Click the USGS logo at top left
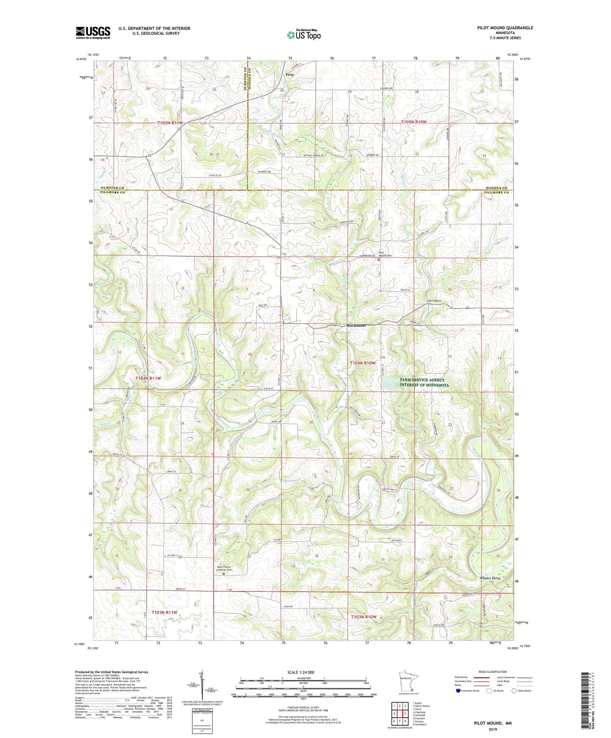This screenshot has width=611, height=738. [93, 32]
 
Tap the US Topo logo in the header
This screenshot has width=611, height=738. [303, 35]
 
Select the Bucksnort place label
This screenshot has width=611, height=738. [356, 325]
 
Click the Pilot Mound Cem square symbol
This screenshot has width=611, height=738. [379, 260]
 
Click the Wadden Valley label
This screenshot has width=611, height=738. [490, 578]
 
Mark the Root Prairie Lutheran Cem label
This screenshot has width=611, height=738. [224, 569]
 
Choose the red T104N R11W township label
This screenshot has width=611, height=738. [148, 378]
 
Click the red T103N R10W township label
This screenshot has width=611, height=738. [364, 617]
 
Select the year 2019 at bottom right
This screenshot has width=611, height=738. [493, 730]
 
